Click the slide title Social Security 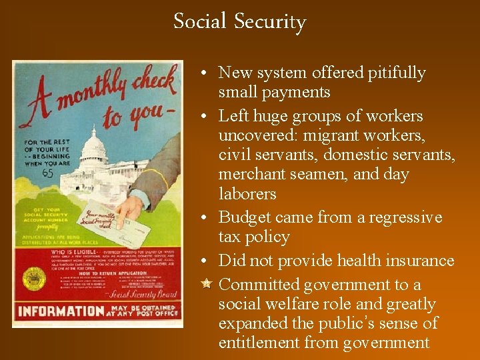click(239, 21)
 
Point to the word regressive click(406, 218)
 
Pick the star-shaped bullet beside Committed click(206, 284)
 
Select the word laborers click(247, 194)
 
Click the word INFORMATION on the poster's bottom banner click(61, 311)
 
